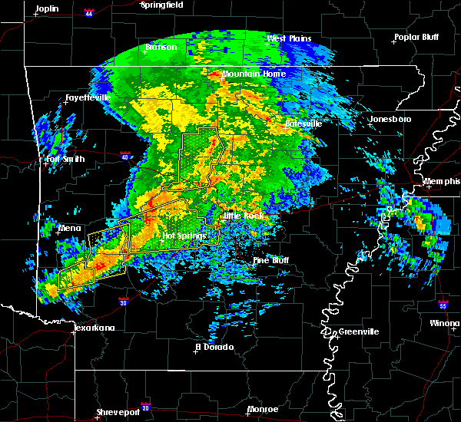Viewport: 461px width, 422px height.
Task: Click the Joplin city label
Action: (x=47, y=8)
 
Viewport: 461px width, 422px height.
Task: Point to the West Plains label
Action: (x=287, y=38)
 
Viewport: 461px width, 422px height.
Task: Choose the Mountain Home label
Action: (x=254, y=74)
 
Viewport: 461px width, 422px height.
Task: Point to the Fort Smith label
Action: (x=64, y=160)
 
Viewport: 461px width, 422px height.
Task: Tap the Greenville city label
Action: (x=351, y=331)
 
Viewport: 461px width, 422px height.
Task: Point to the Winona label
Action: (x=446, y=324)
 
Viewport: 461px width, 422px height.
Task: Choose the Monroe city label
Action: (x=262, y=409)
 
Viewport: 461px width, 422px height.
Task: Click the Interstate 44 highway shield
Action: (x=89, y=14)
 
